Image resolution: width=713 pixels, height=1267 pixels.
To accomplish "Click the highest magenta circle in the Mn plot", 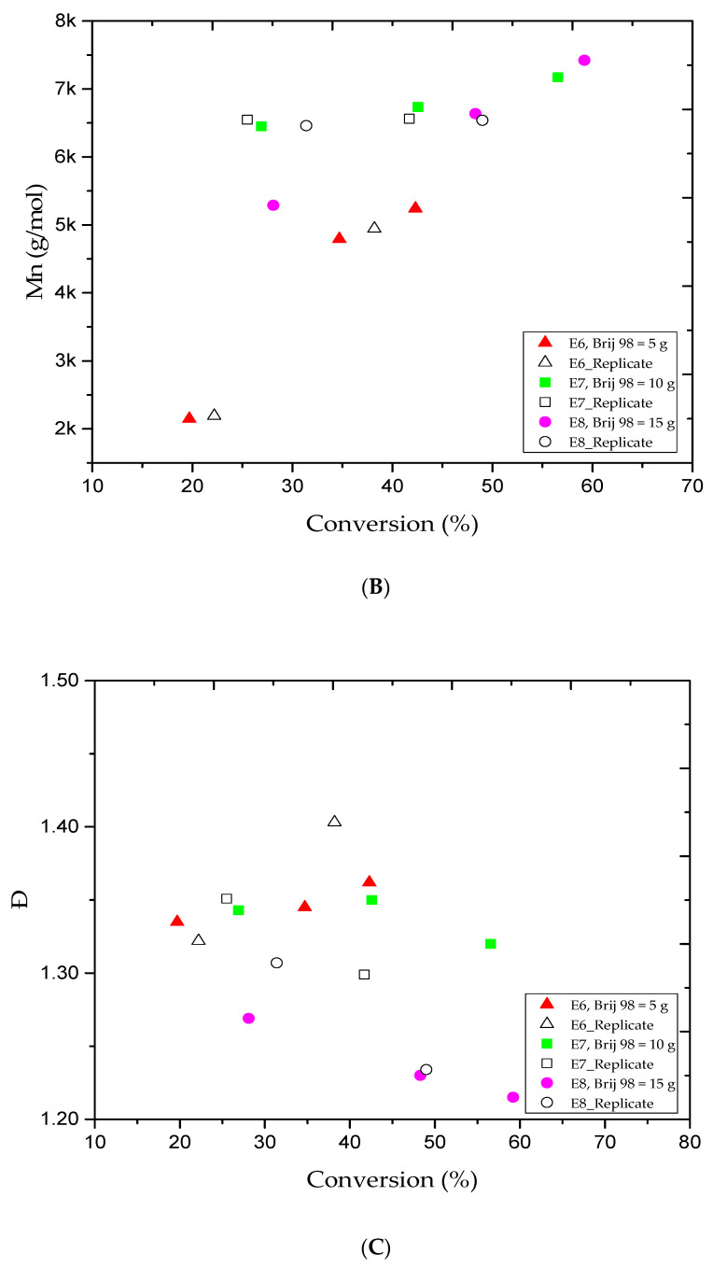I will click(x=584, y=61).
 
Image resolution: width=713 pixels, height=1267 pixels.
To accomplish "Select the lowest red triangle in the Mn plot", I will click(x=189, y=418).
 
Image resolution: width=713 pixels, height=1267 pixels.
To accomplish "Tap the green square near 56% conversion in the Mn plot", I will click(x=557, y=77).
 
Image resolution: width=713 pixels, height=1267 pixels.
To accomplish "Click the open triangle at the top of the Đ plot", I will click(x=334, y=822).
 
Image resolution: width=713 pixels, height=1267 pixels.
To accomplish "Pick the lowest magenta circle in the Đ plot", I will click(x=512, y=1097).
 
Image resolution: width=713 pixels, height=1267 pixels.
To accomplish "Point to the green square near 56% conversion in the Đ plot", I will click(x=490, y=944).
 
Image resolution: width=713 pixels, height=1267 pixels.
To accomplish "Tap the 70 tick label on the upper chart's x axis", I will click(x=692, y=486).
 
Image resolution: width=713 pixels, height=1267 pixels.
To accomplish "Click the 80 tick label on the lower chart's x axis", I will click(x=690, y=1143).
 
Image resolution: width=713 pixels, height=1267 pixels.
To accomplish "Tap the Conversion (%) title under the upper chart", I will click(x=392, y=524).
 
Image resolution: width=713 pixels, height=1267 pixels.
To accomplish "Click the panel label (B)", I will click(x=379, y=587).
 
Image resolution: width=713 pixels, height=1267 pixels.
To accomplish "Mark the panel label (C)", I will click(x=379, y=1246).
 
